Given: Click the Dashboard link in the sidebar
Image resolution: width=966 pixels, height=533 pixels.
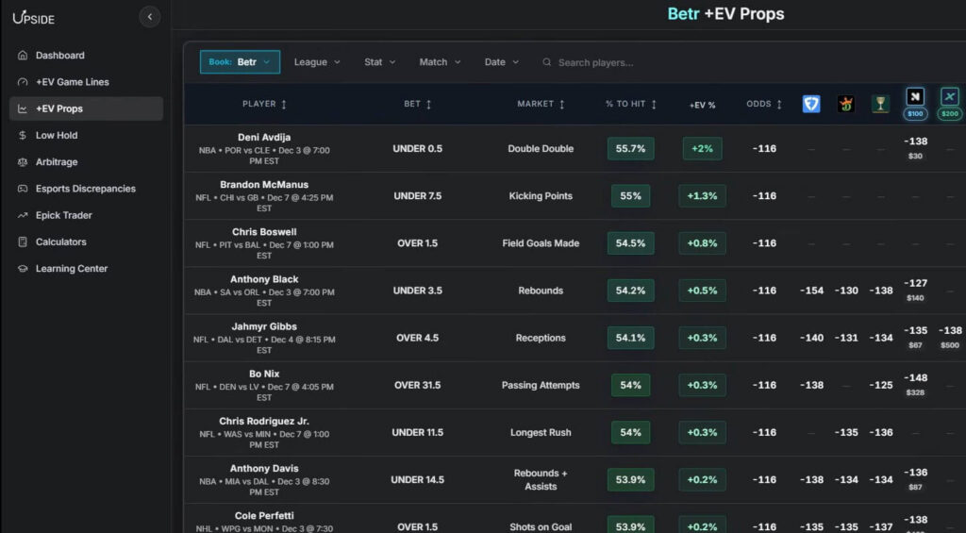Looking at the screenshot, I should coord(59,56).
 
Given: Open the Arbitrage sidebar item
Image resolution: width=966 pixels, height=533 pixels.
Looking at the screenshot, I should coord(57,162).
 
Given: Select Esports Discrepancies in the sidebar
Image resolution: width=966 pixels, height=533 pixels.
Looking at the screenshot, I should coord(85,189).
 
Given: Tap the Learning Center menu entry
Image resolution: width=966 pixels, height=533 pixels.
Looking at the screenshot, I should coord(71,269).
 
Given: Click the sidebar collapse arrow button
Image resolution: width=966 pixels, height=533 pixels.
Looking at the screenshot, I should coord(149,17).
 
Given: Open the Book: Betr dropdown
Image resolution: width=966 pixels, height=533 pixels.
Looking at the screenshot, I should coord(240,62).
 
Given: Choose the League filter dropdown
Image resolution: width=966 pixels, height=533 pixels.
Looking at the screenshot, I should coord(317,62).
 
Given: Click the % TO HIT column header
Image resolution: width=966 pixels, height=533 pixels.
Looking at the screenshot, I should coord(630,104).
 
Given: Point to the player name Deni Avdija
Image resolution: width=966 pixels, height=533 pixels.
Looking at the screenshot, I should coord(264,138).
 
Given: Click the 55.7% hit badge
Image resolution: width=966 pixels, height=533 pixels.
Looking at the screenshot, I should coord(630,149).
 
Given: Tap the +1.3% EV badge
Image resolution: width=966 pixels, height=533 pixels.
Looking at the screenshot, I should coord(702,196).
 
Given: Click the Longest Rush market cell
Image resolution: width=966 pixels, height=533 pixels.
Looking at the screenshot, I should coord(541,433).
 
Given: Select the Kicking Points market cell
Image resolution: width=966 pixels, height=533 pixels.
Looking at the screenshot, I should coord(541,196).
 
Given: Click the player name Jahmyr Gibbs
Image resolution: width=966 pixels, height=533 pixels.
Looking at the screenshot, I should coord(264,326).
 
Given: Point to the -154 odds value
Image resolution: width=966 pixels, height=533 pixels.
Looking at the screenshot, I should coord(811,291).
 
